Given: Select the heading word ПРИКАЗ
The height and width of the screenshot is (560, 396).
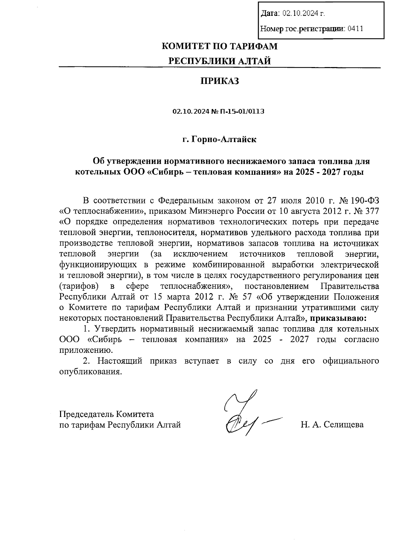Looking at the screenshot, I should (x=220, y=81).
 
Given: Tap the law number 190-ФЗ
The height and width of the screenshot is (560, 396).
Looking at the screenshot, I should (x=364, y=200).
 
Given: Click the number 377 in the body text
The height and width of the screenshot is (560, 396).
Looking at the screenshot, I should (x=371, y=211).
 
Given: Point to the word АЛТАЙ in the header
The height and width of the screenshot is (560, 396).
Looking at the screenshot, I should (x=254, y=61).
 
